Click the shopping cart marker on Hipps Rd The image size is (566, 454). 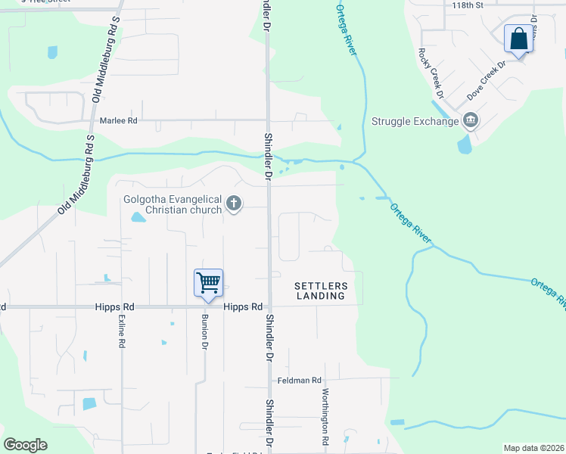[x=208, y=282]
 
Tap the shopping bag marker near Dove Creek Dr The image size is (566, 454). [x=518, y=39]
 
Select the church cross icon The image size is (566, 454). [x=234, y=204]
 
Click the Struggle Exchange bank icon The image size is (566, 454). [x=470, y=120]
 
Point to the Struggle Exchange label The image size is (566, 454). [x=415, y=121]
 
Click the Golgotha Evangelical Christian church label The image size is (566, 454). [x=173, y=205]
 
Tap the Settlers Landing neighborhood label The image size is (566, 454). [x=321, y=291]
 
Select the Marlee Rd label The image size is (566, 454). [x=119, y=120]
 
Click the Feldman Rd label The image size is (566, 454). [x=299, y=380]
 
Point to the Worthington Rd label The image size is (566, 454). [x=326, y=415]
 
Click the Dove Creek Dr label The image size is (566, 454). [x=485, y=82]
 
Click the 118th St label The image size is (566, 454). [x=467, y=5]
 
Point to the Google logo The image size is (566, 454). [x=25, y=445]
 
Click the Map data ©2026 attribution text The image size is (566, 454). [x=533, y=448]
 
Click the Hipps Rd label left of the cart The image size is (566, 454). [x=115, y=307]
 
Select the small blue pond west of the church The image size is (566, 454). [x=138, y=218]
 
